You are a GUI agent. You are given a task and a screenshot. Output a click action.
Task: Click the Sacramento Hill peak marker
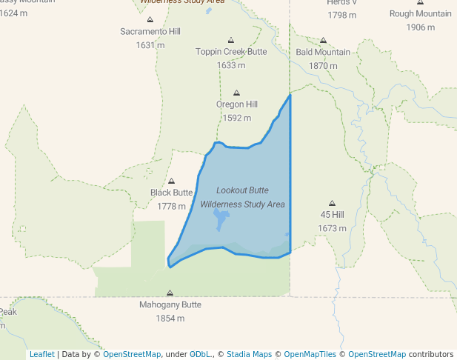150,20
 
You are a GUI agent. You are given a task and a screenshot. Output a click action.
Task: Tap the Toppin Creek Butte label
231,52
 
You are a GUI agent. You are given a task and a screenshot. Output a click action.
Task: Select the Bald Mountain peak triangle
323,41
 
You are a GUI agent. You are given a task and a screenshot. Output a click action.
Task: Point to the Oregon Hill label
237,104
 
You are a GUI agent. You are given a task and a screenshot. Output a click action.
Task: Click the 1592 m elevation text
237,118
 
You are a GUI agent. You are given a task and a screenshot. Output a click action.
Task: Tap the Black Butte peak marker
172,181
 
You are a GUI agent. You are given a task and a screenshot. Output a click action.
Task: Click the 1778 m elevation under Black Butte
171,206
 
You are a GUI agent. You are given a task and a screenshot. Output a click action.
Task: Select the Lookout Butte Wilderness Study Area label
242,197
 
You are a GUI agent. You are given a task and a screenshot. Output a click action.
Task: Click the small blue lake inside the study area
221,219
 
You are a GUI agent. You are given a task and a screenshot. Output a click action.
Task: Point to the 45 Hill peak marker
332,203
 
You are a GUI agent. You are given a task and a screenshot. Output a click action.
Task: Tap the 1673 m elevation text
333,228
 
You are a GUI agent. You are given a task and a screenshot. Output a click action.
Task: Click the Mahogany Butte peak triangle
170,293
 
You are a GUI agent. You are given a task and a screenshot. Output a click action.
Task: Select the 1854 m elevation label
170,319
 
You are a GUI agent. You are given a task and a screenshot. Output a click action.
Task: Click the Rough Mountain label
421,14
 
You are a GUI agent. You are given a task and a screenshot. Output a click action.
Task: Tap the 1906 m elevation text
421,27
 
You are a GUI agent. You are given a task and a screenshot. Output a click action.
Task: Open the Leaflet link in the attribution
42,354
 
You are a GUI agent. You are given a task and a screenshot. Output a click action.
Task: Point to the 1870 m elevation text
323,66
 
